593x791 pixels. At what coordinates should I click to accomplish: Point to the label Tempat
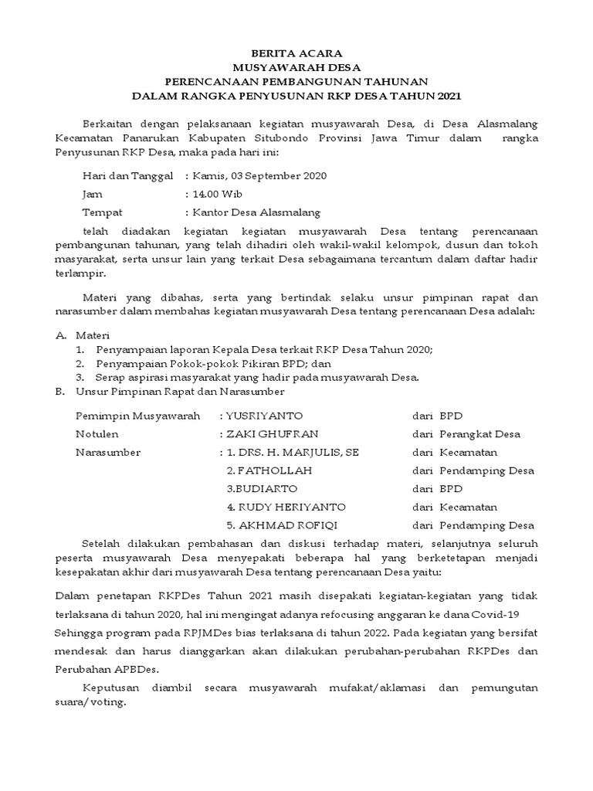click(x=102, y=212)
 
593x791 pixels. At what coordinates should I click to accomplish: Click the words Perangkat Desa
click(x=480, y=434)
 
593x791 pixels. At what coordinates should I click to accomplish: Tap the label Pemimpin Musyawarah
click(x=137, y=416)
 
